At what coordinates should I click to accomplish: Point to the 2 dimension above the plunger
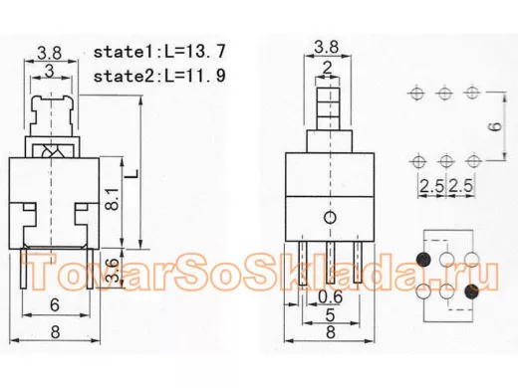pyautogui.click(x=326, y=68)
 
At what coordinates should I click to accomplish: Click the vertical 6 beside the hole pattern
pyautogui.click(x=493, y=126)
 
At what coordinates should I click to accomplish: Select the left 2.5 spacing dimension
pyautogui.click(x=430, y=186)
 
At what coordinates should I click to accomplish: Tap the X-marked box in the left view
pyautogui.click(x=54, y=150)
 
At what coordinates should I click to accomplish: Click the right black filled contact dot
pyautogui.click(x=471, y=291)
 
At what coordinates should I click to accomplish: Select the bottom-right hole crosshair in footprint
pyautogui.click(x=473, y=159)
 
